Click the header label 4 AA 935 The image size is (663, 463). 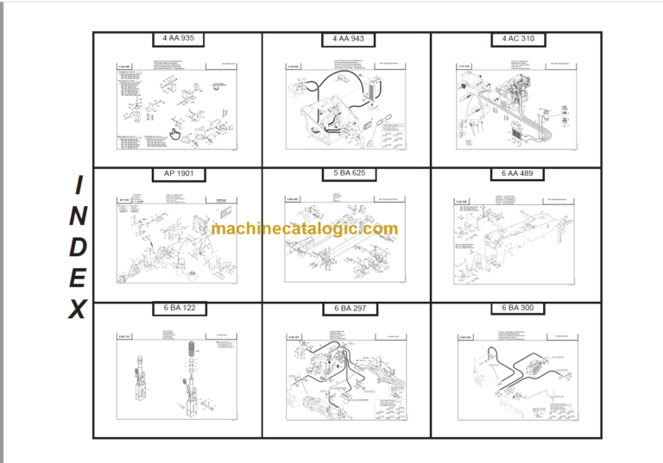tap(178, 39)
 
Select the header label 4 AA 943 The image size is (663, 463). tap(347, 39)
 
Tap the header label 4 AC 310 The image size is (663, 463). tap(516, 39)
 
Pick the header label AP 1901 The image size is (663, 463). tap(178, 174)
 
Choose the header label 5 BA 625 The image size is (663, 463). tap(347, 174)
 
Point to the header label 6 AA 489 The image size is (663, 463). tap(516, 174)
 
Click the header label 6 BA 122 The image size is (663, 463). tap(178, 309)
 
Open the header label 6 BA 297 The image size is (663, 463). tap(347, 309)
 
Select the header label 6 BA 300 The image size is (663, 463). tap(516, 309)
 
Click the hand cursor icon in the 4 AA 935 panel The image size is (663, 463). tap(174, 134)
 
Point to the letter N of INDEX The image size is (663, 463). tap(78, 216)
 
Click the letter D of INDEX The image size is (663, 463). tap(78, 247)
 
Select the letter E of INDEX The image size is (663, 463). tap(78, 278)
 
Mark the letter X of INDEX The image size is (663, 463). tap(78, 309)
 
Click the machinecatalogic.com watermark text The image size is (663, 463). tap(305, 229)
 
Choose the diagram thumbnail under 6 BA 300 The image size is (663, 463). tap(516, 376)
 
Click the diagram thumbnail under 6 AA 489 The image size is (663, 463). tap(516, 241)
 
